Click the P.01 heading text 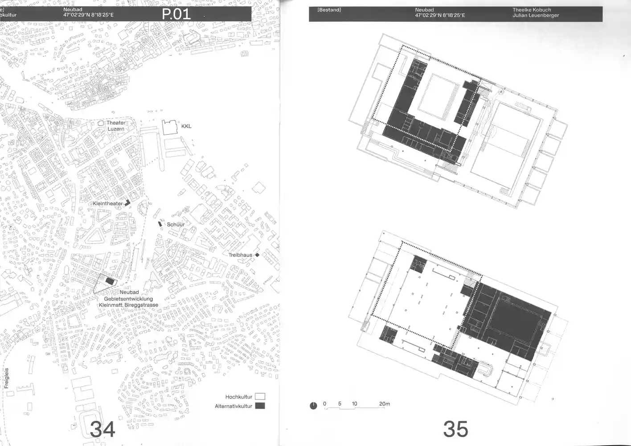coord(176,14)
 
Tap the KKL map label coord(186,126)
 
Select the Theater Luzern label coord(116,126)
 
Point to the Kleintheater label coord(108,203)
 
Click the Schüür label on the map coord(176,225)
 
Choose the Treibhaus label coord(240,255)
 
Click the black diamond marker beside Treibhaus coord(257,255)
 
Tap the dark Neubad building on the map coord(110,281)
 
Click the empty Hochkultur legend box coord(260,396)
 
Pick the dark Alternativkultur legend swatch coord(260,406)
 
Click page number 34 coord(102,429)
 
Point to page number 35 coord(455,429)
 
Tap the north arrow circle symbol coord(313,406)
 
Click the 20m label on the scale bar coord(385,404)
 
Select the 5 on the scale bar coord(340,404)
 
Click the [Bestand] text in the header coord(329,10)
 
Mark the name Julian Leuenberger coord(536,15)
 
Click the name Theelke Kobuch coord(532,10)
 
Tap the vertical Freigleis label coord(7,378)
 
